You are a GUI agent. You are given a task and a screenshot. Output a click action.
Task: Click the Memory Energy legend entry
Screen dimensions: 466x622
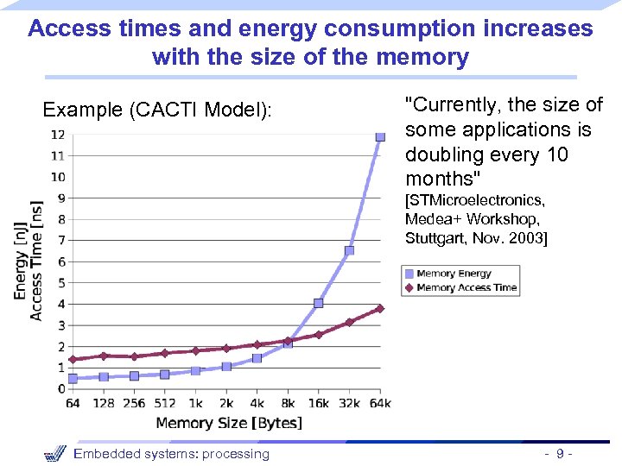click(454, 274)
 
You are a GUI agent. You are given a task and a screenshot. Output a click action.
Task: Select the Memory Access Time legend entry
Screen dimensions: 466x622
click(466, 287)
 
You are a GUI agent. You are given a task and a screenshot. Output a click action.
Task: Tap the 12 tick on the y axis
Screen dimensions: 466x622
click(58, 135)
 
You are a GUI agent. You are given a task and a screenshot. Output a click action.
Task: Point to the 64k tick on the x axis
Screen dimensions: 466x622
click(380, 403)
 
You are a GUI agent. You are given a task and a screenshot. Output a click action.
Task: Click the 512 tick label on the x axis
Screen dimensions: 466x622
click(164, 403)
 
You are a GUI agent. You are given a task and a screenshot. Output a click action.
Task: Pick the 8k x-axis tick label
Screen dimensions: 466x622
click(288, 403)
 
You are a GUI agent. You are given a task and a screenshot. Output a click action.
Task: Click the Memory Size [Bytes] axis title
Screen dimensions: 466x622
click(229, 422)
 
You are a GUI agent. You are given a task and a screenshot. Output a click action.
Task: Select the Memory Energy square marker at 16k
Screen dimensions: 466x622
click(318, 303)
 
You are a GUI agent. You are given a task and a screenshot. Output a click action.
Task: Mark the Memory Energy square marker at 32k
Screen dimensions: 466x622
click(349, 250)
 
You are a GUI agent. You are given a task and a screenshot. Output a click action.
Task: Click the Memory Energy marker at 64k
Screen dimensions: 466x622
click(380, 136)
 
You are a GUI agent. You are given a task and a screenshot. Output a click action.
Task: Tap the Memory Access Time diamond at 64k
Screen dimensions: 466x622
click(379, 308)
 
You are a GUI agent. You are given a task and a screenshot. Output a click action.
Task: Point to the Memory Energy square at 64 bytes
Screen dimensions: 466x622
click(73, 378)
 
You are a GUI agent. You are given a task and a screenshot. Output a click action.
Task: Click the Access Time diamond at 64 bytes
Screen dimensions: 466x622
click(73, 359)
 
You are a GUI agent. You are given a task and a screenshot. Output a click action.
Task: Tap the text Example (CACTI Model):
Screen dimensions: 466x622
click(157, 110)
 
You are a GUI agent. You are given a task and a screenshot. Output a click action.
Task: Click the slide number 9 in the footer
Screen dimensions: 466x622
click(561, 454)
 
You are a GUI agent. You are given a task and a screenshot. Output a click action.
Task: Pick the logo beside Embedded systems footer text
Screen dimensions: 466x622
click(54, 453)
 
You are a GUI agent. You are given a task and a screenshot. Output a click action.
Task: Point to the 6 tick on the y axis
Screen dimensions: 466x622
click(60, 261)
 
